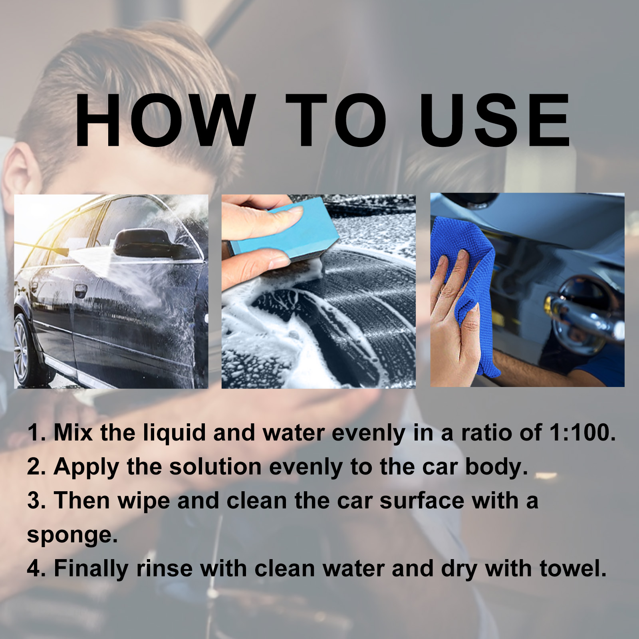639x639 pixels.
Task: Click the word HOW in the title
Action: pyautogui.click(x=165, y=120)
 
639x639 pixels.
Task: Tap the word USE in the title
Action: pyautogui.click(x=495, y=120)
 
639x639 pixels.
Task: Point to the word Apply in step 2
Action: pyautogui.click(x=86, y=467)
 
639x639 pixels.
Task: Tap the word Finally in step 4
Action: pyautogui.click(x=91, y=569)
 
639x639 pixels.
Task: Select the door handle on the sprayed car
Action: pyautogui.click(x=81, y=290)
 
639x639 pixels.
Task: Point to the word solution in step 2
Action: pyautogui.click(x=215, y=466)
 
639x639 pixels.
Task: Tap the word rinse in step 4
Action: pyautogui.click(x=165, y=568)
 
